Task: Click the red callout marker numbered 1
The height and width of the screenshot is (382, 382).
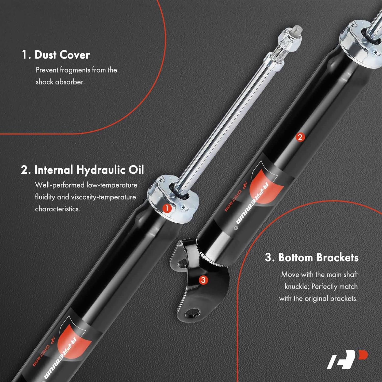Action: pyautogui.click(x=167, y=208)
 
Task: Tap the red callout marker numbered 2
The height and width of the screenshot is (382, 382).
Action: pyautogui.click(x=300, y=137)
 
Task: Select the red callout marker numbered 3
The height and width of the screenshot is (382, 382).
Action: pyautogui.click(x=203, y=280)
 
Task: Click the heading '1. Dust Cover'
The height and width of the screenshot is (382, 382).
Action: pyautogui.click(x=56, y=55)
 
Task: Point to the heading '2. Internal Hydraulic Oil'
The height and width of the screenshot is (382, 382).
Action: pyautogui.click(x=83, y=170)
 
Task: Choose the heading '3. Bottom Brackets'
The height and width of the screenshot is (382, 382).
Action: pyautogui.click(x=312, y=257)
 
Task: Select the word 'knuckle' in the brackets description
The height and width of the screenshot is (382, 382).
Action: pyautogui.click(x=296, y=286)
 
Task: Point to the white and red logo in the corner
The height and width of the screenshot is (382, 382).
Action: pyautogui.click(x=347, y=359)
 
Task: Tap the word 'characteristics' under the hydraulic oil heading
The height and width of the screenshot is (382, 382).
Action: pyautogui.click(x=57, y=209)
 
